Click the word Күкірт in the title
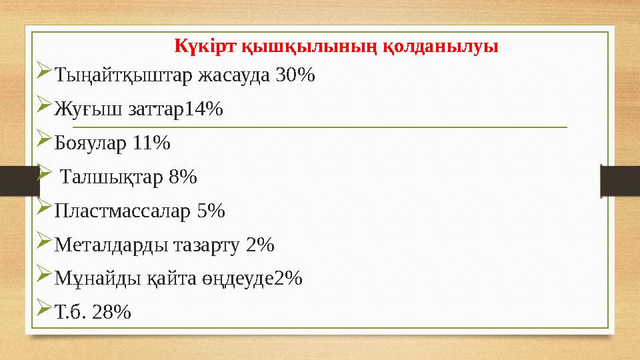click(197, 47)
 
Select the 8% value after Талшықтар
click(183, 177)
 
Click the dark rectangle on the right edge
click(619, 181)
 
